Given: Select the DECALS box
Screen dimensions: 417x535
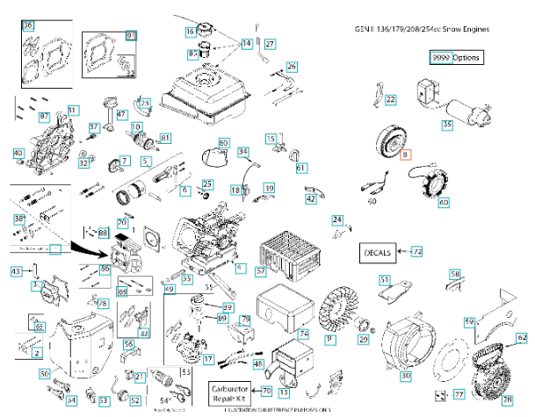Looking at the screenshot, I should (380, 252).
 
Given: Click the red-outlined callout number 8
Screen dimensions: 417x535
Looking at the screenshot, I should (405, 155).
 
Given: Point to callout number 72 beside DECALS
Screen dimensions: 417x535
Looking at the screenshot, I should (416, 252).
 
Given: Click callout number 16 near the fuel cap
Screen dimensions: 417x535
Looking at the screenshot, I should (190, 32).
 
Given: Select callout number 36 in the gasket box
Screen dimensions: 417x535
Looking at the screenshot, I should (28, 26).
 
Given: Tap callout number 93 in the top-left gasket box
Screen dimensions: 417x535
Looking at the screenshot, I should (132, 35).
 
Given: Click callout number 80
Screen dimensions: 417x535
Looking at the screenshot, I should (223, 142).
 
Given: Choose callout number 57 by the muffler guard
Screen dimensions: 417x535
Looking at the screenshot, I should (261, 272).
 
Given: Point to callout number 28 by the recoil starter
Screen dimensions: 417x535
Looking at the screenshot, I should (507, 399).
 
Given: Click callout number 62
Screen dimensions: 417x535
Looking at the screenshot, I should (523, 337).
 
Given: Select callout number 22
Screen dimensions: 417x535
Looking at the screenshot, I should (390, 100).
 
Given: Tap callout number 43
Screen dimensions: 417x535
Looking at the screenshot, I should (15, 273).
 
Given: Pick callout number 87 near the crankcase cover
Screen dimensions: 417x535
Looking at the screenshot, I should (44, 117).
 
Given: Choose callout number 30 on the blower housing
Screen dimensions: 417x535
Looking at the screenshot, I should (405, 376).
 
